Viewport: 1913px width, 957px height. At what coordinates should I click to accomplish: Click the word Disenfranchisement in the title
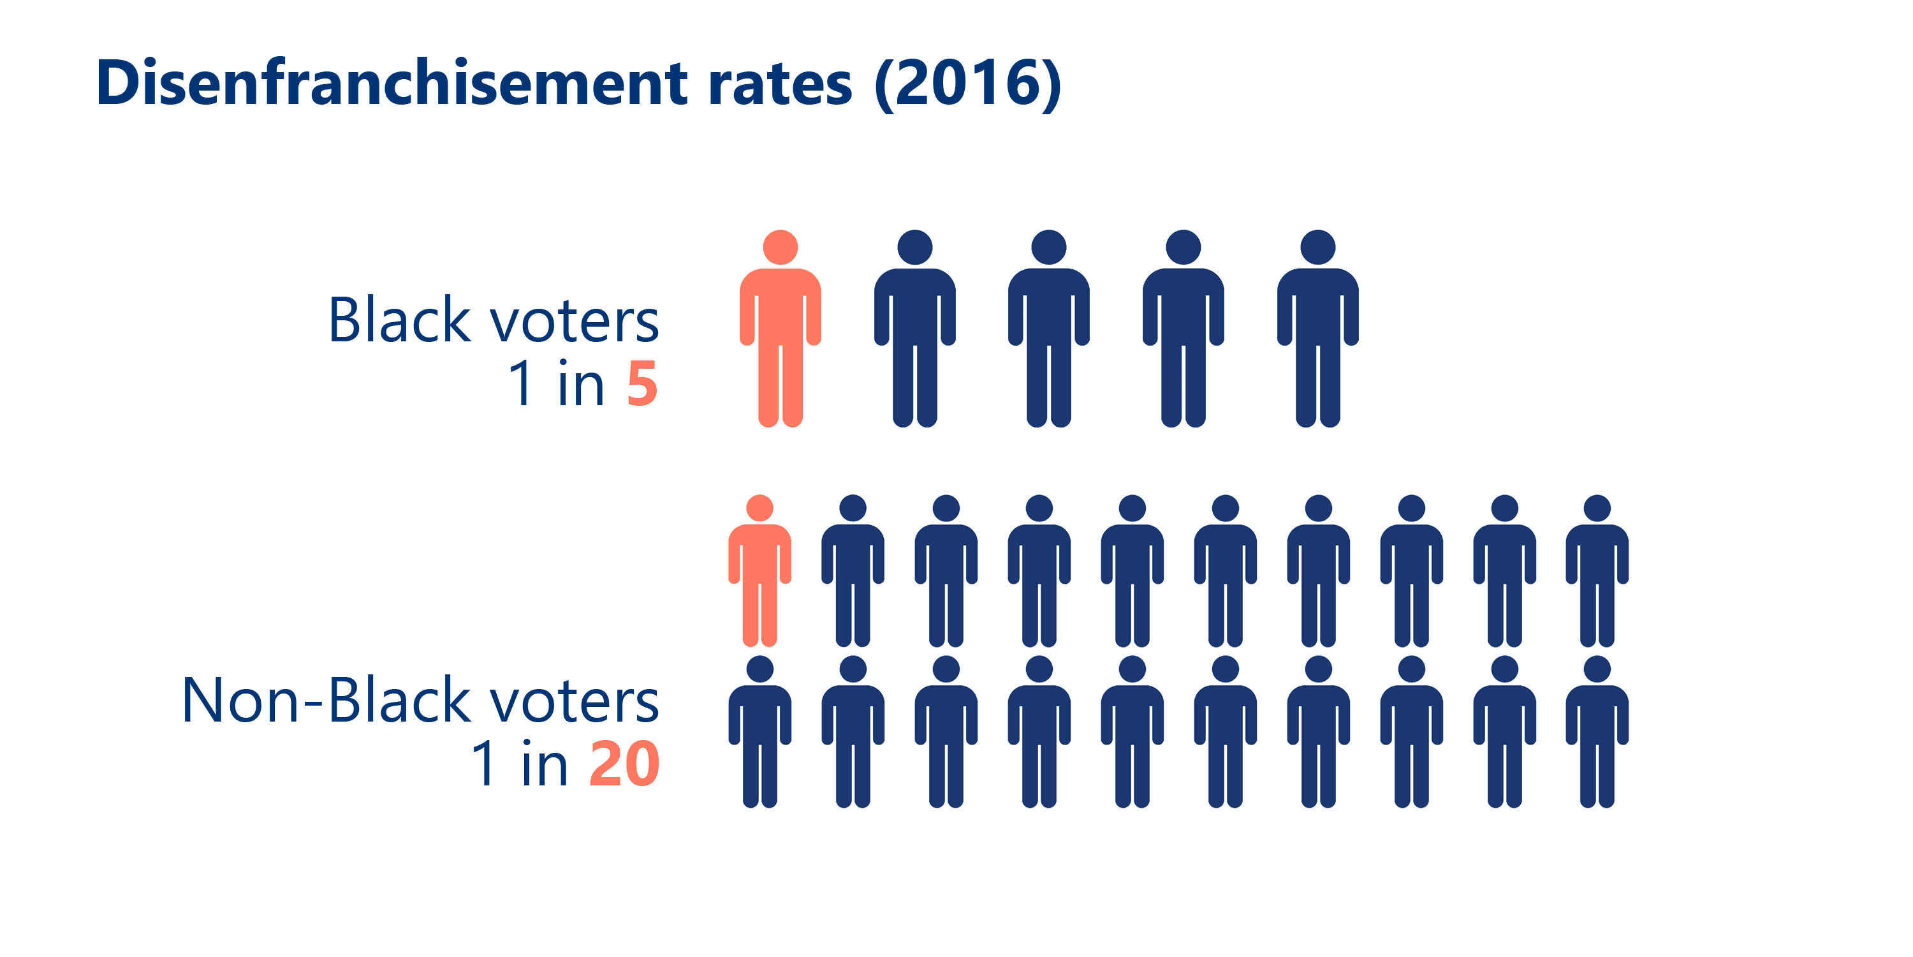point(392,83)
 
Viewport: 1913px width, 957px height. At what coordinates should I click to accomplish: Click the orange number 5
point(641,384)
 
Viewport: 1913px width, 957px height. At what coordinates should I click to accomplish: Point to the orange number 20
point(624,764)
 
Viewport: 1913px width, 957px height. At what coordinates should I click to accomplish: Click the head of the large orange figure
point(780,248)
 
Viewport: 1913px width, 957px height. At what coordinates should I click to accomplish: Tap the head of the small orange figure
point(759,508)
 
